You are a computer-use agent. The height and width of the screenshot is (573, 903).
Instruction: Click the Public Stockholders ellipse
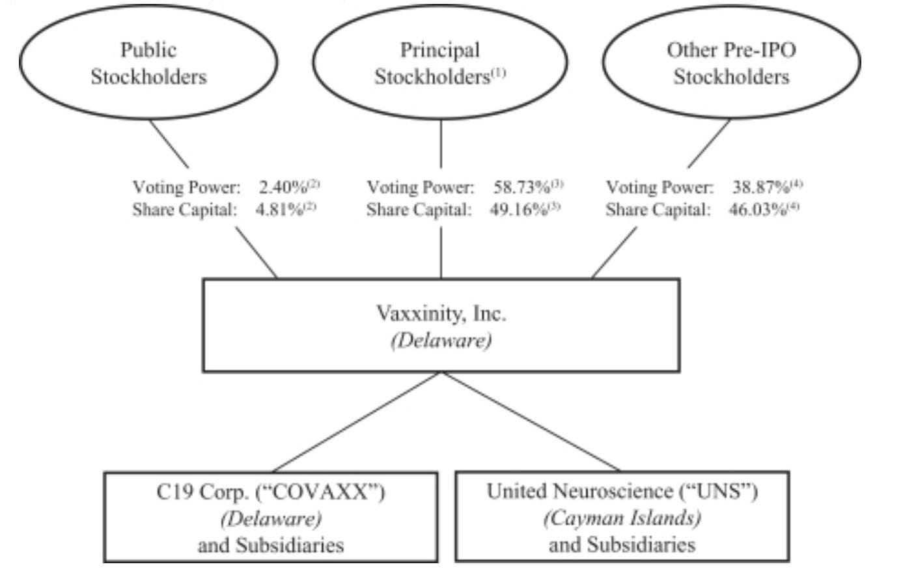click(x=148, y=63)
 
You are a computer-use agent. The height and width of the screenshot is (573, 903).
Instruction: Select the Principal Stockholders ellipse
click(x=440, y=63)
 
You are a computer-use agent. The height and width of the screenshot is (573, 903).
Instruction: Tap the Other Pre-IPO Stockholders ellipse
click(x=730, y=63)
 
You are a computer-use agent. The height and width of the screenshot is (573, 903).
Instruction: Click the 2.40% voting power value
click(x=283, y=188)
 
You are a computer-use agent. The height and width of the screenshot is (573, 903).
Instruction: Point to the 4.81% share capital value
click(x=280, y=210)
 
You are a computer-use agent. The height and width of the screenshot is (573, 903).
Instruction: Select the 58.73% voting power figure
click(x=522, y=188)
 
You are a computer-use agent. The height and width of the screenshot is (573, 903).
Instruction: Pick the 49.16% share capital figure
click(x=518, y=210)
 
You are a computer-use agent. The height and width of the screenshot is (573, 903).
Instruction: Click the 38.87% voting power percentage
click(x=761, y=188)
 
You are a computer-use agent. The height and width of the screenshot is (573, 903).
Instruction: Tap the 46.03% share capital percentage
click(x=758, y=210)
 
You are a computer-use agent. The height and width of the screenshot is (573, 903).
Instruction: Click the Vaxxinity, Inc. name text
click(x=441, y=314)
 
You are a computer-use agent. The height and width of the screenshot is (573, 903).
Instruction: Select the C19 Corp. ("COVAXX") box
click(x=270, y=517)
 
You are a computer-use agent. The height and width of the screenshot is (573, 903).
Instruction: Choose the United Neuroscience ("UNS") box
click(x=622, y=517)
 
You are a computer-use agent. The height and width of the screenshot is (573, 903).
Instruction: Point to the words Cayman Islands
click(x=622, y=518)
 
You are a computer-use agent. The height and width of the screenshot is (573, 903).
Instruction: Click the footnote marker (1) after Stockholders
click(x=498, y=73)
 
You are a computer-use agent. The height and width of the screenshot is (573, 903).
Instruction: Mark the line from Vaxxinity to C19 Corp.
click(x=358, y=421)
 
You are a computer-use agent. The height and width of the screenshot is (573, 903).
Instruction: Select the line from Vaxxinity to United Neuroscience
click(x=531, y=421)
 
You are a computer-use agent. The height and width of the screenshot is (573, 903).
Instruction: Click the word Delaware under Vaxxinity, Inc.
click(x=441, y=341)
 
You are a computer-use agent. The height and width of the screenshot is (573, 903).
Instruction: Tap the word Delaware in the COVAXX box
click(x=271, y=519)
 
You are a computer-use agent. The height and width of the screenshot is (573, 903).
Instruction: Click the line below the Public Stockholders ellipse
click(x=169, y=143)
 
